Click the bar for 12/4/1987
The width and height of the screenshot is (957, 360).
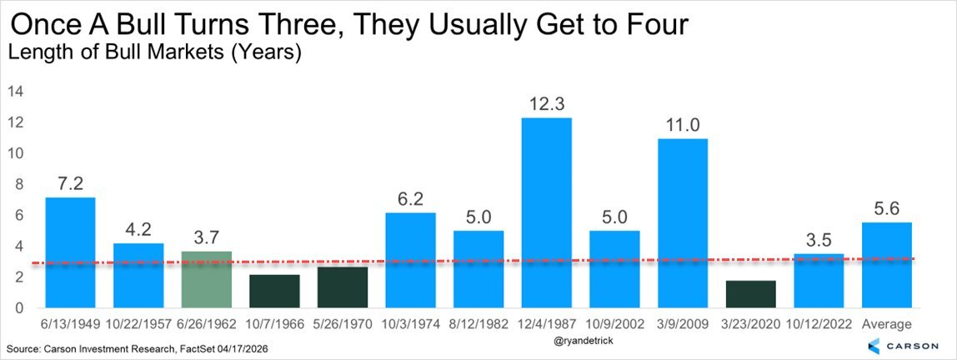click(547, 212)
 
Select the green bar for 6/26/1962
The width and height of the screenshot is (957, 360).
click(206, 279)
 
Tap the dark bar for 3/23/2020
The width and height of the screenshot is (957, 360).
click(751, 294)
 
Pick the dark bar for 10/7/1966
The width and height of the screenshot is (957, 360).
click(274, 291)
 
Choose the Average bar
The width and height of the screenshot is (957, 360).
click(888, 265)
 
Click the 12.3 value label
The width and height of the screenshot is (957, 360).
click(547, 105)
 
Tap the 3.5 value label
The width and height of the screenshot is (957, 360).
click(819, 241)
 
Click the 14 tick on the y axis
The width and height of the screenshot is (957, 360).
click(17, 92)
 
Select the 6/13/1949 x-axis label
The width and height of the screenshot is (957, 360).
click(70, 324)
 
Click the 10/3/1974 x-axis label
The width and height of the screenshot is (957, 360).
click(411, 324)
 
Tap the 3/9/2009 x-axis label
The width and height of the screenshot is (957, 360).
click(683, 324)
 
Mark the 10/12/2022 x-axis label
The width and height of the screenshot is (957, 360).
click(819, 324)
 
